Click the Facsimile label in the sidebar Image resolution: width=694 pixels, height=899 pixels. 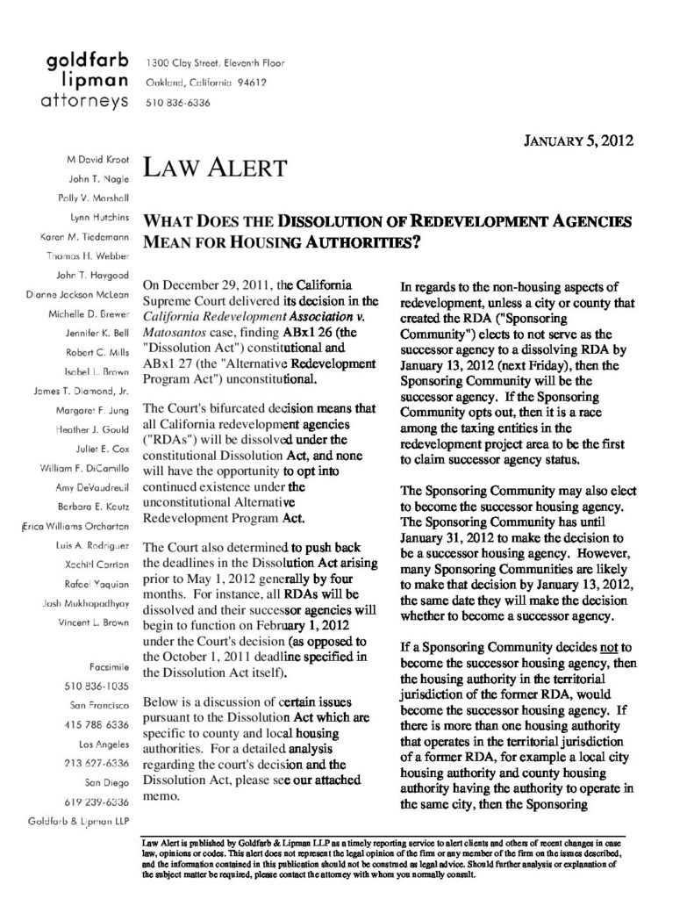(x=109, y=666)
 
